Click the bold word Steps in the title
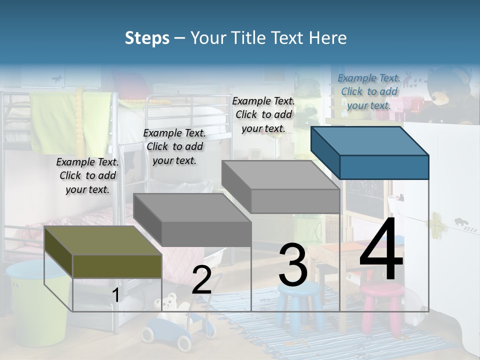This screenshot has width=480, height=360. click(147, 38)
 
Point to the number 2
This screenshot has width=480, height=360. click(201, 280)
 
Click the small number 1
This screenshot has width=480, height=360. click(116, 295)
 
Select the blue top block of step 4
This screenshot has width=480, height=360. click(370, 152)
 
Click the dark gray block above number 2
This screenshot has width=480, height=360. click(192, 220)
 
